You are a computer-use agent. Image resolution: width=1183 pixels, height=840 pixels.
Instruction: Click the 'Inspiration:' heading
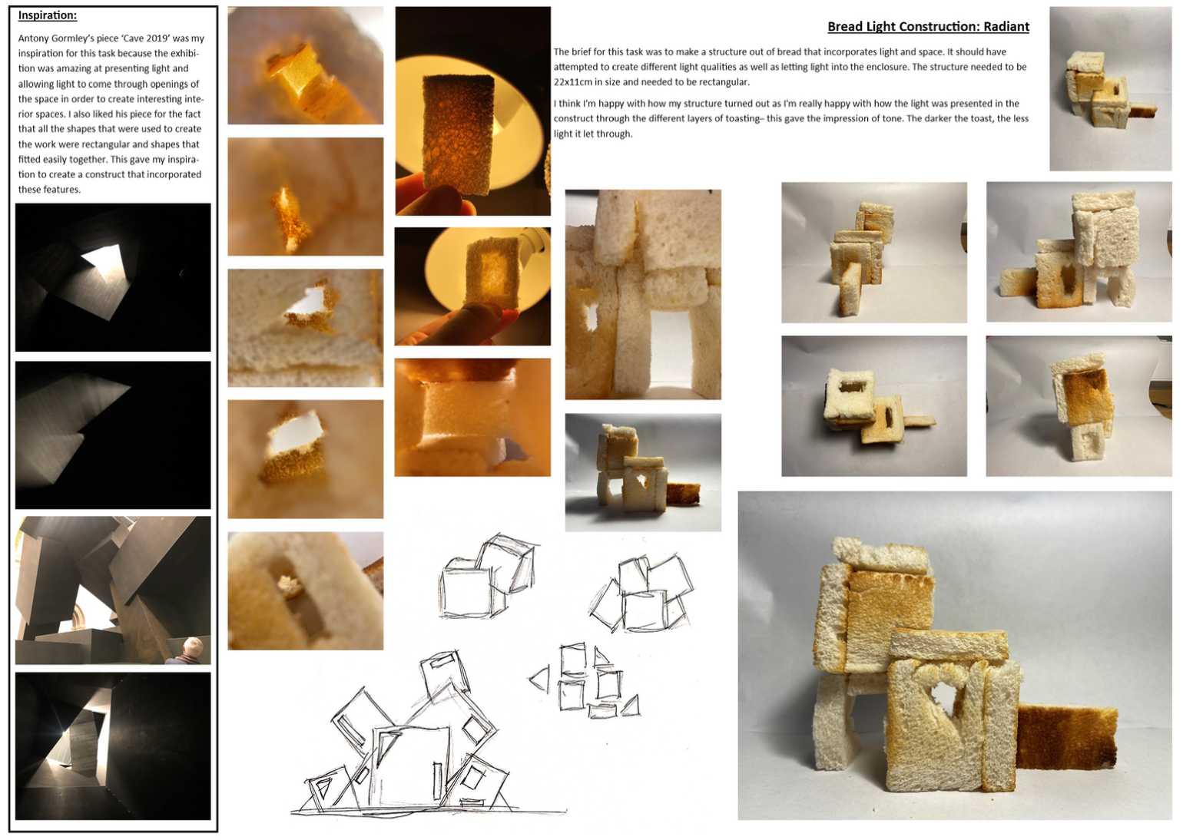[48, 15]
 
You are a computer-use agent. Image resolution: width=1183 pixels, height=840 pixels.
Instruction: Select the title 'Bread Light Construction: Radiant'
[928, 26]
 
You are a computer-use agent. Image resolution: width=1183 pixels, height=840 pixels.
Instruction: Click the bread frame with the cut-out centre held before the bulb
[492, 271]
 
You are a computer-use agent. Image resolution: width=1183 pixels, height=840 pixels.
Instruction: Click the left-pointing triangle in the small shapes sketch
[540, 679]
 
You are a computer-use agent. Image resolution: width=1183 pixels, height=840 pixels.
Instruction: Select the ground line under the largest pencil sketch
[429, 812]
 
